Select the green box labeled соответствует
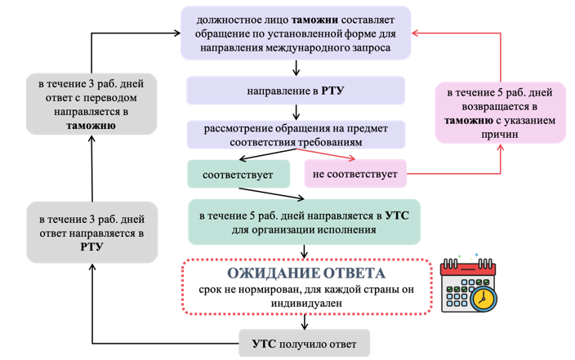pos(238,174)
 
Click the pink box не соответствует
pos(355,174)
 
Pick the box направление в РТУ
pos(295,91)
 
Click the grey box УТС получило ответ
pos(304,343)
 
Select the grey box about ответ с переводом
pos(90,104)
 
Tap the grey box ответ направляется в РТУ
pos(90,233)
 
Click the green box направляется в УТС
pos(304,222)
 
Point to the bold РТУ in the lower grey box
pos(91,247)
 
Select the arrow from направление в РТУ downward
pos(295,113)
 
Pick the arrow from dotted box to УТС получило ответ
pos(304,322)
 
